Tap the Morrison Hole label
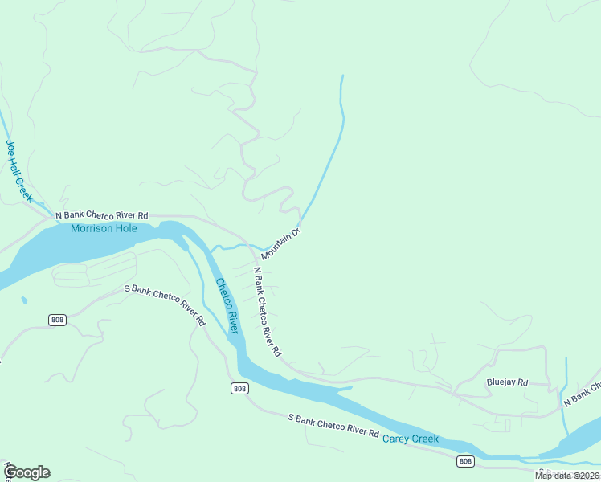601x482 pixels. tap(104, 229)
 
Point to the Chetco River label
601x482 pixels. tap(227, 305)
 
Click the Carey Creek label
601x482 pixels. tap(410, 439)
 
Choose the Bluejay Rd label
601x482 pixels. tap(507, 382)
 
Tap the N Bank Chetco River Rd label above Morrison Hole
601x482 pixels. tap(101, 215)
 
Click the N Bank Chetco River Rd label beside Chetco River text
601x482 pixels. tap(267, 312)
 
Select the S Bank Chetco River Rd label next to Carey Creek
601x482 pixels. tap(333, 426)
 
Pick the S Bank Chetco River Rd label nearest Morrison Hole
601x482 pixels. tap(164, 304)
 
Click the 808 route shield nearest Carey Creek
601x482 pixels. tap(465, 460)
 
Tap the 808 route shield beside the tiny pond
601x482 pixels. tap(56, 320)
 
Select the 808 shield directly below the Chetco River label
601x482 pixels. tap(239, 389)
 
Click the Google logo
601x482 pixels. tap(27, 472)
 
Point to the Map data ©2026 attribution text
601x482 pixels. tap(567, 476)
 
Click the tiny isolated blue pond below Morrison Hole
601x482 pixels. tap(23, 300)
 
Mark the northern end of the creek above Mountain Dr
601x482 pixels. tap(342, 77)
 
